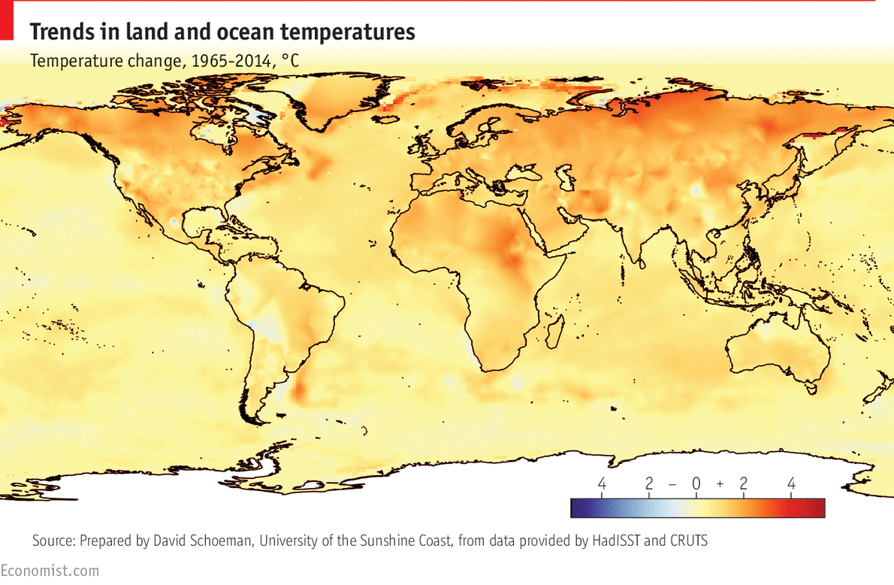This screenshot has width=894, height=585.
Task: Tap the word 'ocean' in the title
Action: click(x=265, y=32)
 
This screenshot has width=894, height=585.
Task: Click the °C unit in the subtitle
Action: click(x=289, y=61)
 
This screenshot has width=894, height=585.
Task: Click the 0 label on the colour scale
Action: click(x=696, y=484)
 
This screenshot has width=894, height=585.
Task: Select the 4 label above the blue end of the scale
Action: click(x=601, y=484)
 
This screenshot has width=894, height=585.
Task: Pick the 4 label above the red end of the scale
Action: click(x=791, y=484)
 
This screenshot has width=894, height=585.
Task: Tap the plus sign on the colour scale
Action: click(x=720, y=484)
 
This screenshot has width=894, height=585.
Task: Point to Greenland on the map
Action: click(x=331, y=105)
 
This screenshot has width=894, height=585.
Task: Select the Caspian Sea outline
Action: click(x=562, y=179)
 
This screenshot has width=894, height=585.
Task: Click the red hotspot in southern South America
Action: click(x=299, y=390)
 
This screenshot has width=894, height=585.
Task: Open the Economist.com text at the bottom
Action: click(x=50, y=571)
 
